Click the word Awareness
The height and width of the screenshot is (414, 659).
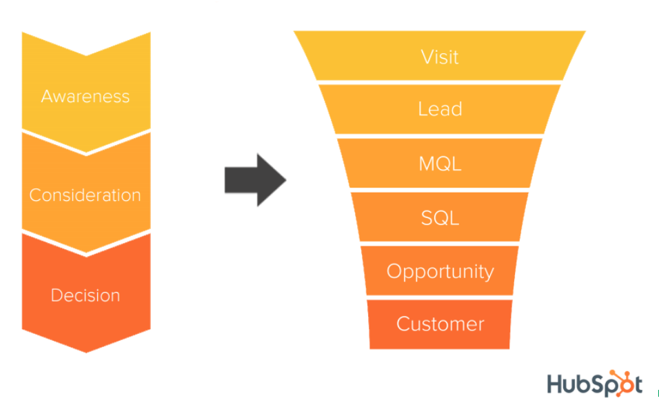pyautogui.click(x=85, y=96)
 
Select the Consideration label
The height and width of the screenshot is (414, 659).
pyautogui.click(x=85, y=195)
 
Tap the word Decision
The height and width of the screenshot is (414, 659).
pyautogui.click(x=85, y=295)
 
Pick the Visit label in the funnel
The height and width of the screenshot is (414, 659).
pyautogui.click(x=440, y=57)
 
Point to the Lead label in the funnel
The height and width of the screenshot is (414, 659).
pyautogui.click(x=440, y=109)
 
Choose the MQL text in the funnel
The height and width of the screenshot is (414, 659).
pyautogui.click(x=440, y=164)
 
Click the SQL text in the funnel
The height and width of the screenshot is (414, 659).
pyautogui.click(x=440, y=218)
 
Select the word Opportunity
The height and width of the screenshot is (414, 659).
pyautogui.click(x=440, y=271)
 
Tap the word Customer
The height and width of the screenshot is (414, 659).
pyautogui.click(x=440, y=324)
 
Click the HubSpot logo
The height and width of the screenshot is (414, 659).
pyautogui.click(x=594, y=384)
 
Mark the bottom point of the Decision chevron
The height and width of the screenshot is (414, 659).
pyautogui.click(x=86, y=351)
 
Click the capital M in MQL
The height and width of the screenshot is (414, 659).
pyautogui.click(x=427, y=164)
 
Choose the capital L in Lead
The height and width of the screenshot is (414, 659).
pyautogui.click(x=423, y=109)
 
